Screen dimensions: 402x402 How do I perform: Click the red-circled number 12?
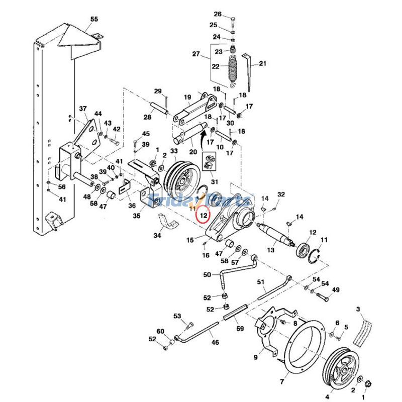click(x=203, y=215)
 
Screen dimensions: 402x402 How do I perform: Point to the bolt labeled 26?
click(x=234, y=22)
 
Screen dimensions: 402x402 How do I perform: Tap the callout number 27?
click(x=196, y=54)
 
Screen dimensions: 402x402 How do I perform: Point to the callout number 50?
click(x=207, y=275)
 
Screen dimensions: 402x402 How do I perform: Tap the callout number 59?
click(x=240, y=329)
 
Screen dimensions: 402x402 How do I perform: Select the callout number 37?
click(x=83, y=109)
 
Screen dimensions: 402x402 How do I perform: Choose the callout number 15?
click(x=190, y=240)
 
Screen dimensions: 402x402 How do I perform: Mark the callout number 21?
click(x=262, y=64)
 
